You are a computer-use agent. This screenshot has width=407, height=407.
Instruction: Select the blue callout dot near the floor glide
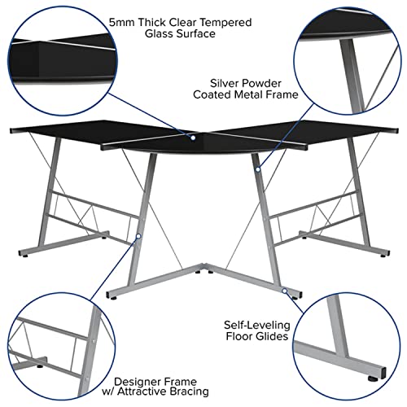(x=284, y=288)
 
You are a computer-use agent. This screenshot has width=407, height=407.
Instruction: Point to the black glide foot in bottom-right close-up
(x=376, y=377)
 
